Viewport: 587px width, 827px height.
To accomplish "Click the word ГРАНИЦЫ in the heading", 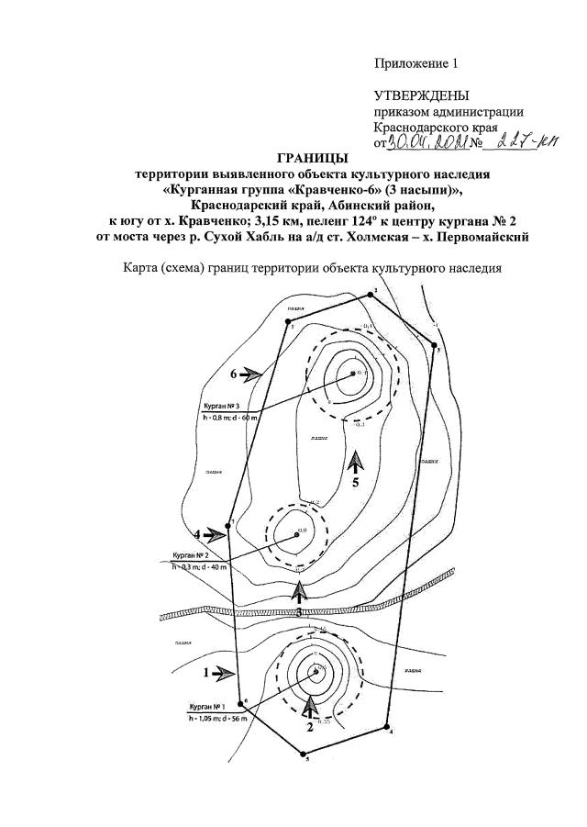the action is (312, 158).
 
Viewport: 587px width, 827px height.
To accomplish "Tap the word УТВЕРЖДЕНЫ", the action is (422, 95).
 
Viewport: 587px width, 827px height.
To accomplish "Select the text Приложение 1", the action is (415, 63).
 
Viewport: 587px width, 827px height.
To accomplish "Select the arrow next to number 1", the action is (223, 673).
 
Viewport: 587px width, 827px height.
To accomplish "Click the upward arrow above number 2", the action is (310, 705).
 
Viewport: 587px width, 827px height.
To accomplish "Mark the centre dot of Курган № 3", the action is (352, 374).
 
